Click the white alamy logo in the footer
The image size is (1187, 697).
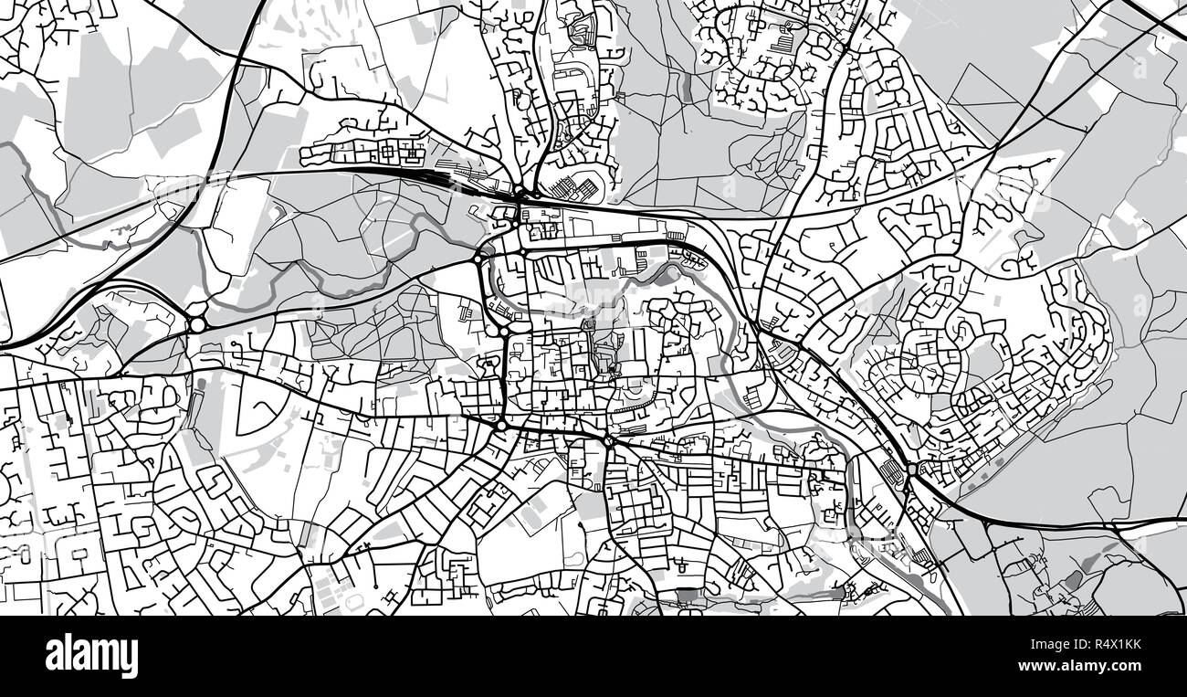91,656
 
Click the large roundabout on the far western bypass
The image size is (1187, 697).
197,324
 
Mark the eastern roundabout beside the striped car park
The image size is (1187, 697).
911,470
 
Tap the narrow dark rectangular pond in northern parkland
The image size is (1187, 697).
687,86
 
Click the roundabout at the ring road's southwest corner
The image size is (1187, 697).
501,426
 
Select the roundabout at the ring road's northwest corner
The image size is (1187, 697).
478,259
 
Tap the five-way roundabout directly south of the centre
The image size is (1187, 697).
608,441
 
